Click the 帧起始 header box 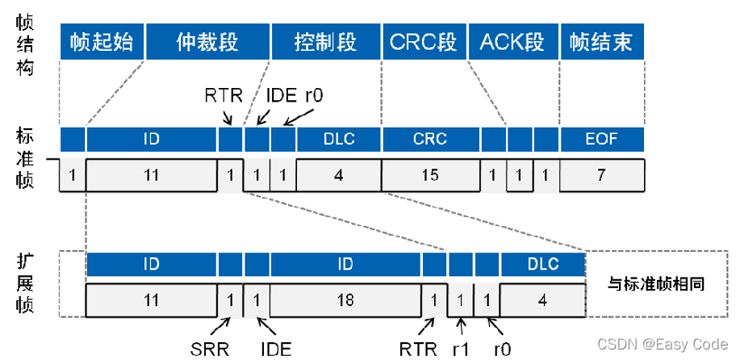click(102, 40)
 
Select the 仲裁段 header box click(207, 40)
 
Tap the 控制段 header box click(325, 40)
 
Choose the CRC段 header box click(423, 40)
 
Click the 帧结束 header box click(601, 40)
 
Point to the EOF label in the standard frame click(601, 139)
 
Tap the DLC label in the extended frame click(542, 263)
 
